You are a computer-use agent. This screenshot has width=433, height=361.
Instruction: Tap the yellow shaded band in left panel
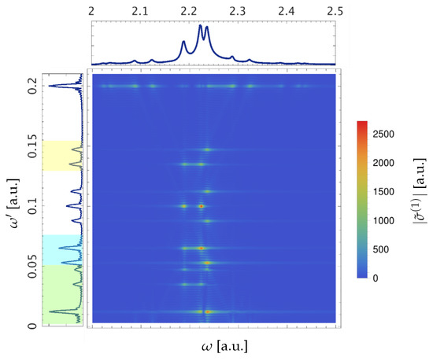[62, 156]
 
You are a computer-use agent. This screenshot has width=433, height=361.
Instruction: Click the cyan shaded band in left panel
[62, 249]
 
